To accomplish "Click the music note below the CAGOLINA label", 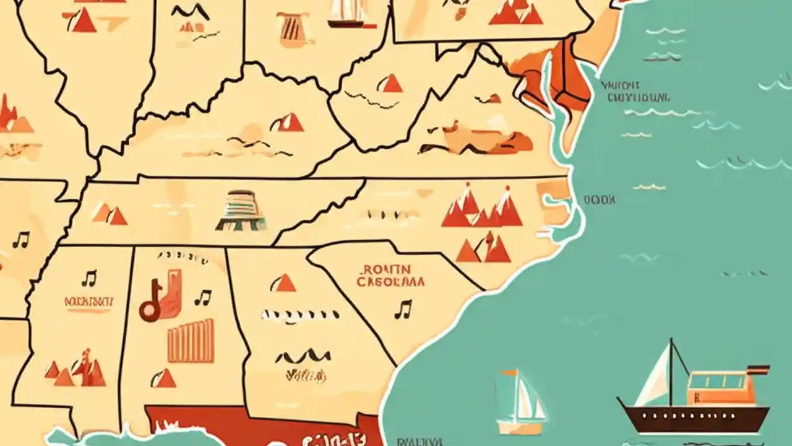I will [403, 308].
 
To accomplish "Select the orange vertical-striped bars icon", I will [191, 340].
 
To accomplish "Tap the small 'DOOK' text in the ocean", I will [599, 199].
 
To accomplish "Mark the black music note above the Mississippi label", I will [89, 278].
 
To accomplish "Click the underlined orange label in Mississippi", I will [89, 302].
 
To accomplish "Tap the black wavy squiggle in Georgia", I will [303, 357].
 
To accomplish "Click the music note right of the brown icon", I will [202, 297].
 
